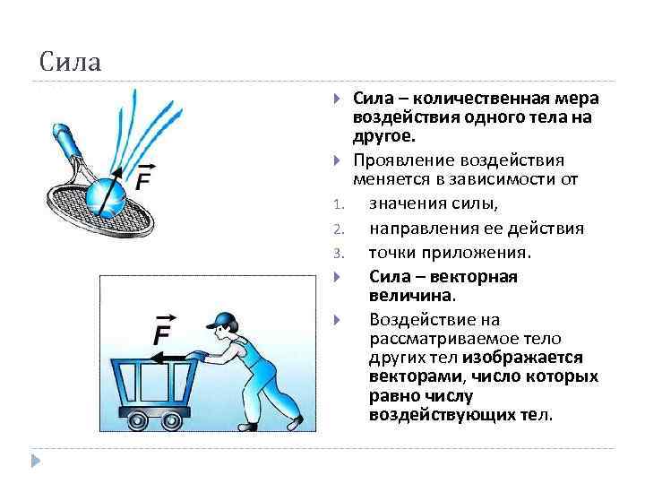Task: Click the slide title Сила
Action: click(71, 63)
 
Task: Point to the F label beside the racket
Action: click(144, 179)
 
